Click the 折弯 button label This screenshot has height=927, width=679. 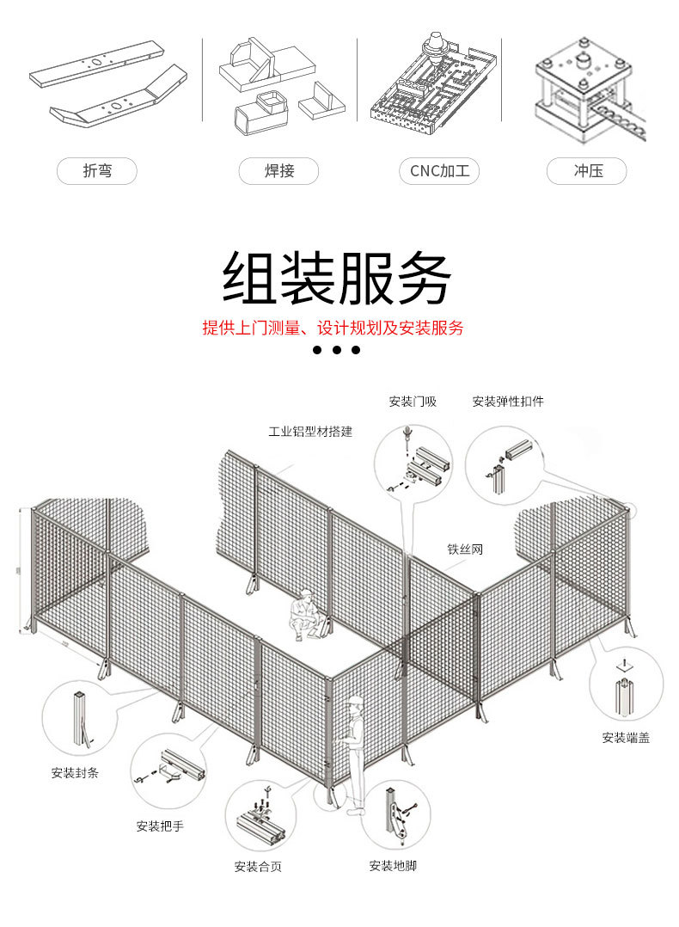[x=97, y=171]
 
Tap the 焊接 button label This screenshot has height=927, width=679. [x=279, y=171]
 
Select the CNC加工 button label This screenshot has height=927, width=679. [x=439, y=171]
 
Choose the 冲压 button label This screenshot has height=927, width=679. [x=588, y=171]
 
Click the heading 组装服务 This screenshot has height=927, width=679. [x=337, y=278]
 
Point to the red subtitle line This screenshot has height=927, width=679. [x=333, y=328]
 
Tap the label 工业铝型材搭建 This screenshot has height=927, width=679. [x=310, y=432]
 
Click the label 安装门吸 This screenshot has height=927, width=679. [x=413, y=402]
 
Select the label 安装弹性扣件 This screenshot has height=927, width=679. [x=508, y=402]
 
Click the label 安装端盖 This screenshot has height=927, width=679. [x=626, y=737]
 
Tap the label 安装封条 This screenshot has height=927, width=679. [x=75, y=772]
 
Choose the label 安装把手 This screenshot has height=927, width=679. [x=160, y=826]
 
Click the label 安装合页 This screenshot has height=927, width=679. [x=258, y=866]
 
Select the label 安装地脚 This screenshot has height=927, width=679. [x=393, y=866]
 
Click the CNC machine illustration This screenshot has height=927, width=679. [x=434, y=86]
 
